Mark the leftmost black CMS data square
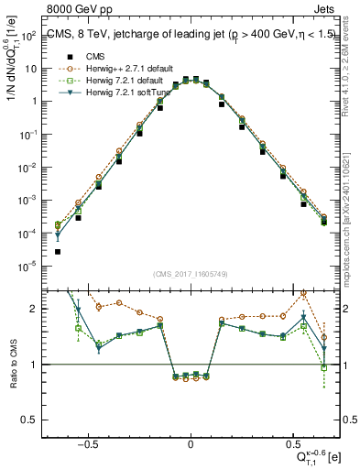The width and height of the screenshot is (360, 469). [58, 251]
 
